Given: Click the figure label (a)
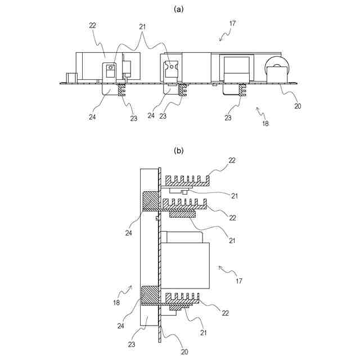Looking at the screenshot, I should (179, 9).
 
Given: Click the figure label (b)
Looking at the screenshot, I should (179, 151).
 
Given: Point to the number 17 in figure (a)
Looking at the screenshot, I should (233, 24).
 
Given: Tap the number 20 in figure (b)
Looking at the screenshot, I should (169, 352).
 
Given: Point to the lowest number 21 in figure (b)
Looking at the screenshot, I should (203, 333).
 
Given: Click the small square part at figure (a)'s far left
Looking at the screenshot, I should (70, 78).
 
